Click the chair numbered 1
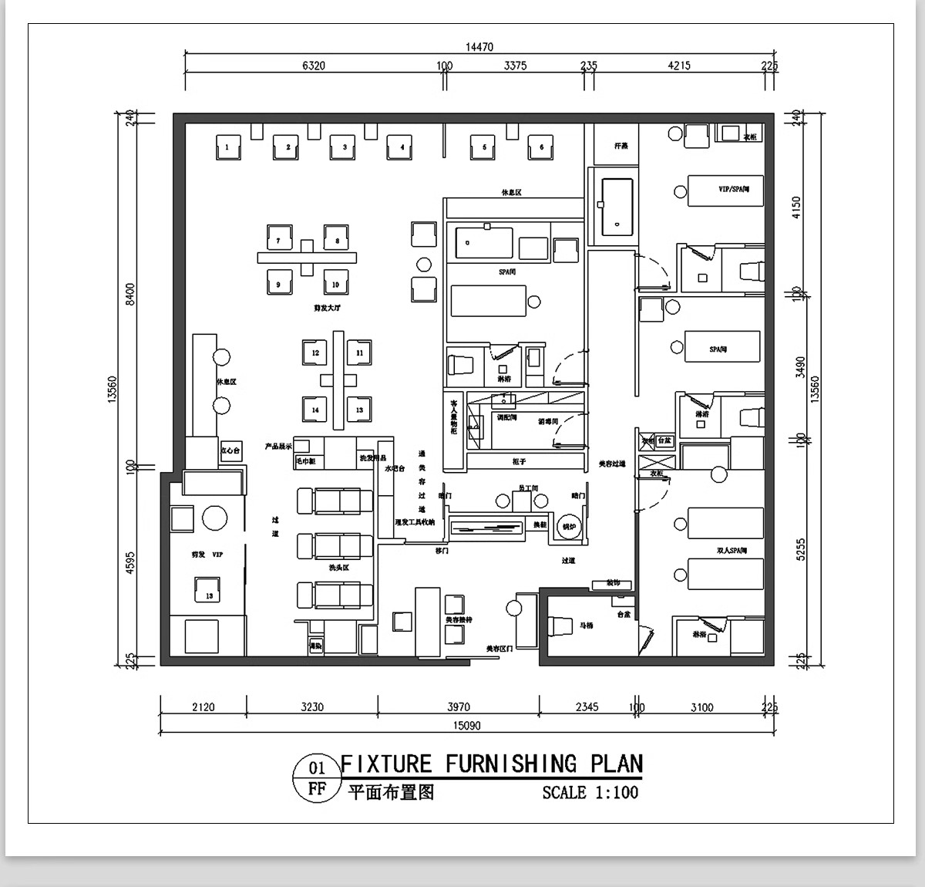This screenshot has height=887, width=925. (x=227, y=147)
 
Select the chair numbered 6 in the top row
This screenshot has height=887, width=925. (x=541, y=147)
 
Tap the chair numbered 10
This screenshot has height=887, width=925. (x=336, y=284)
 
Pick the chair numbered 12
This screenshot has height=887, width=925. (x=315, y=352)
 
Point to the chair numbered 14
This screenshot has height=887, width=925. (x=315, y=410)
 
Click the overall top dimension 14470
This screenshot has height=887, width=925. (x=479, y=47)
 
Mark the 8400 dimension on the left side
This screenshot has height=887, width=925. (x=130, y=295)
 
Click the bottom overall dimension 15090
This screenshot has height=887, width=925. (x=465, y=725)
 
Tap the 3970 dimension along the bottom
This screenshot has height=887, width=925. (x=458, y=707)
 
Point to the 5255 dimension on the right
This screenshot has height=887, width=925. (x=799, y=549)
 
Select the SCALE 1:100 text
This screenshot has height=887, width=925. (x=590, y=792)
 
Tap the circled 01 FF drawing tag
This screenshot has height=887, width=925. (x=317, y=778)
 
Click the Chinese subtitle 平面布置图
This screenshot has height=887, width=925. (x=391, y=792)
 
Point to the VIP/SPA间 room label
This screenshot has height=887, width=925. (x=734, y=188)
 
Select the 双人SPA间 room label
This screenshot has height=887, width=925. (x=732, y=551)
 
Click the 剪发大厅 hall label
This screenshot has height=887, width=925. (x=327, y=308)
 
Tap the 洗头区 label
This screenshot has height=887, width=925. (x=338, y=567)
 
